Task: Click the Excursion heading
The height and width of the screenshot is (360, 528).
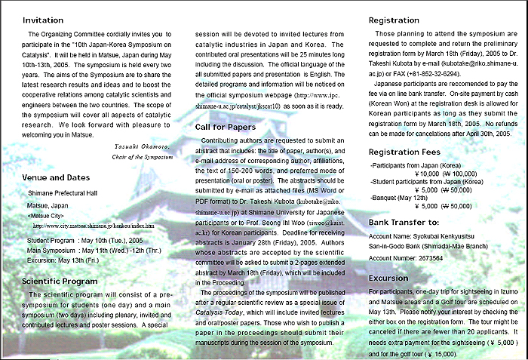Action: point(388,278)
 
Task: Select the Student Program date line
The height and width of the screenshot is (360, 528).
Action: point(82,240)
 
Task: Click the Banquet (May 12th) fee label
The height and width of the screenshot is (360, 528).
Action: point(398,193)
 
